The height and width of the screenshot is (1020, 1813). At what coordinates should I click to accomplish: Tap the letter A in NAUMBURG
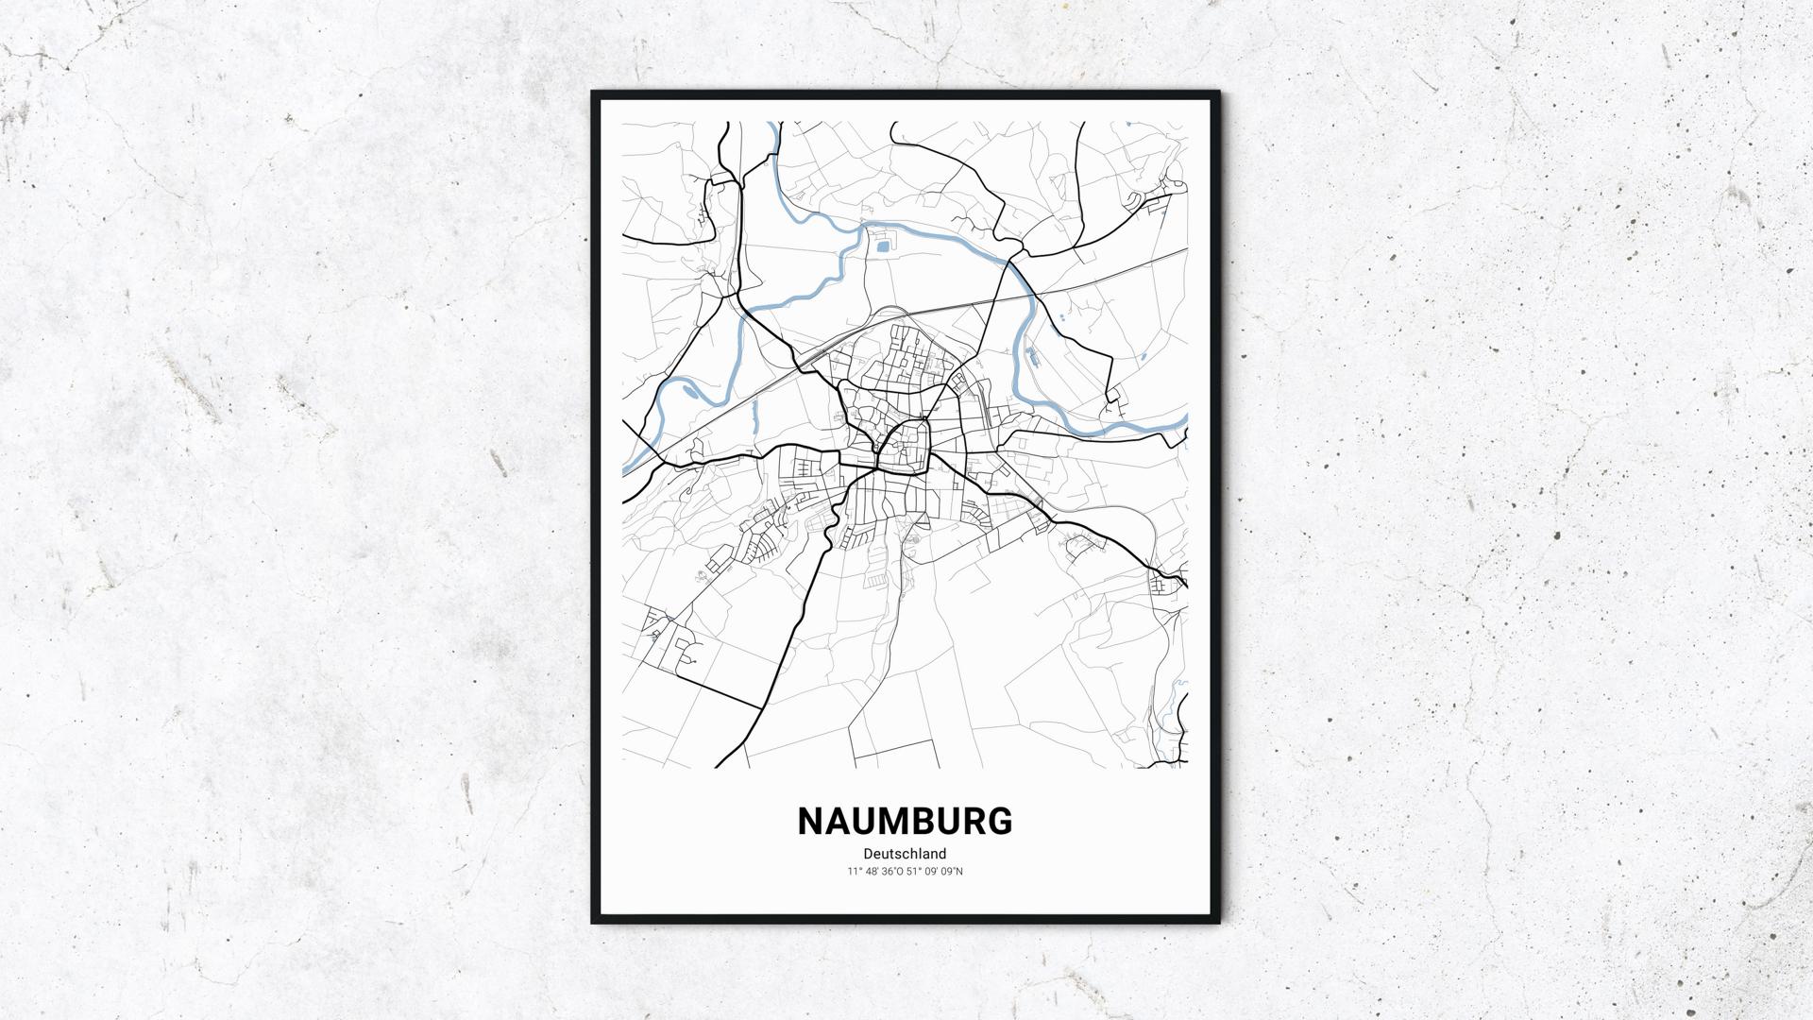(x=839, y=822)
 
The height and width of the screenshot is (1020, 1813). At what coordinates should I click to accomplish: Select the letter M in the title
(x=899, y=822)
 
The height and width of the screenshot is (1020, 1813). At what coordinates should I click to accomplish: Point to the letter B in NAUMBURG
(x=932, y=822)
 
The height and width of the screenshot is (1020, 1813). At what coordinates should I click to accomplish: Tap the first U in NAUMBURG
(x=868, y=822)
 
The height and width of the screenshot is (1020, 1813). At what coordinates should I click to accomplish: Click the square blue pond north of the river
(x=883, y=247)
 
